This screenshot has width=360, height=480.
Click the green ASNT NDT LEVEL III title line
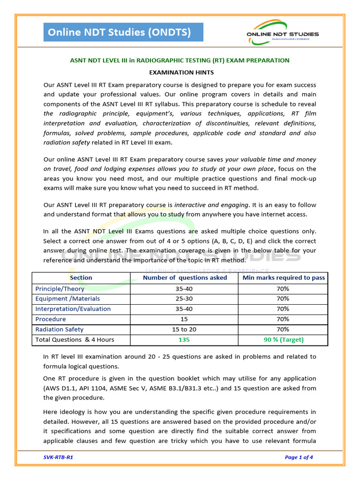click(180, 60)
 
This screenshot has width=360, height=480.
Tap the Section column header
click(81, 278)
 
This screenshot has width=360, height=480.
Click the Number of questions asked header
click(185, 278)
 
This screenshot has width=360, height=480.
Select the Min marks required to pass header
click(283, 278)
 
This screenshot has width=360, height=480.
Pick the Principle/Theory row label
click(60, 289)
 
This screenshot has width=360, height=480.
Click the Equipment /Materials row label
click(67, 299)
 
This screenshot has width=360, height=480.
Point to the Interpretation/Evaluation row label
click(73, 309)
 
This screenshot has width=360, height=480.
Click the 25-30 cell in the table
click(184, 299)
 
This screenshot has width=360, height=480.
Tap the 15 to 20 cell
click(184, 330)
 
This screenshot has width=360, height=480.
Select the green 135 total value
click(184, 340)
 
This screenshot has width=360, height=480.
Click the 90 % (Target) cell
click(283, 340)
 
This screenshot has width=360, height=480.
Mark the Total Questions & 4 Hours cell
click(75, 340)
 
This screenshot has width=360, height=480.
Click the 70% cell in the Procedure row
click(283, 319)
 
